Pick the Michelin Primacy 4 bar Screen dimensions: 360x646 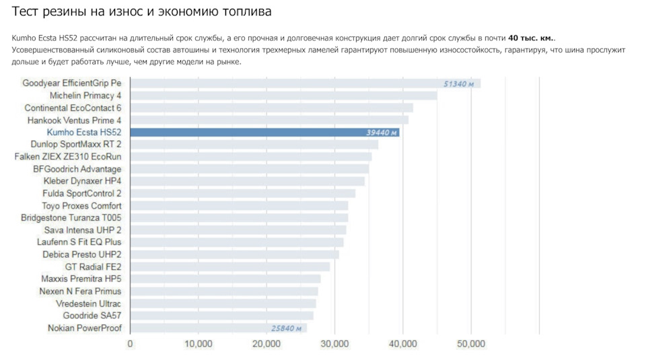click(283, 96)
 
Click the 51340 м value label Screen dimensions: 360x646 click(458, 84)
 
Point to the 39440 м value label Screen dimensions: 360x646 click(377, 133)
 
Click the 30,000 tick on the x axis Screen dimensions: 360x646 click(334, 344)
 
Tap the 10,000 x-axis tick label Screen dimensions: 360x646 click(198, 344)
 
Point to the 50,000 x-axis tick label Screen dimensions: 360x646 click(470, 344)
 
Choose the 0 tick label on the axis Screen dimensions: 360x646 click(130, 344)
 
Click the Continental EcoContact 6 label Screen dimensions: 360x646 click(73, 108)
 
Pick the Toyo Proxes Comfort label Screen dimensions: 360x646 click(81, 206)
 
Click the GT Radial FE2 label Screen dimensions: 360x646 click(93, 266)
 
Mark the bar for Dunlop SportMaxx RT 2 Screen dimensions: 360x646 click(254, 145)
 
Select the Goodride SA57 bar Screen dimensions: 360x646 click(221, 316)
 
